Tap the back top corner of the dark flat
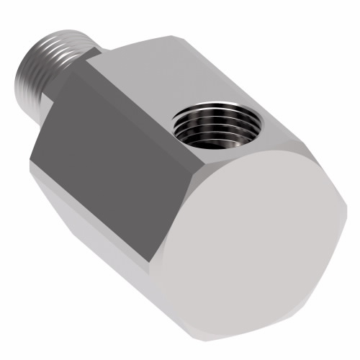coord(87,62)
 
